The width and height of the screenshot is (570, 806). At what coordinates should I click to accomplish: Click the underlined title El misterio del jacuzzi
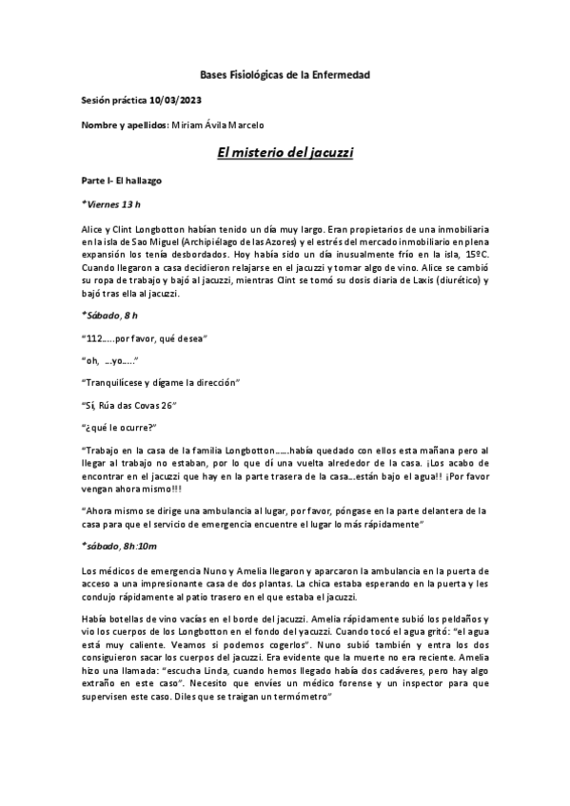point(286,151)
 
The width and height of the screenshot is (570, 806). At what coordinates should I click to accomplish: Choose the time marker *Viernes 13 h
point(111,203)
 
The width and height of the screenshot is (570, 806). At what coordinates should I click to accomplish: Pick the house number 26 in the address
point(170,405)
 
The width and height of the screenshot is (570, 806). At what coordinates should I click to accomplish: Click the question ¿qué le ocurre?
point(119,427)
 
